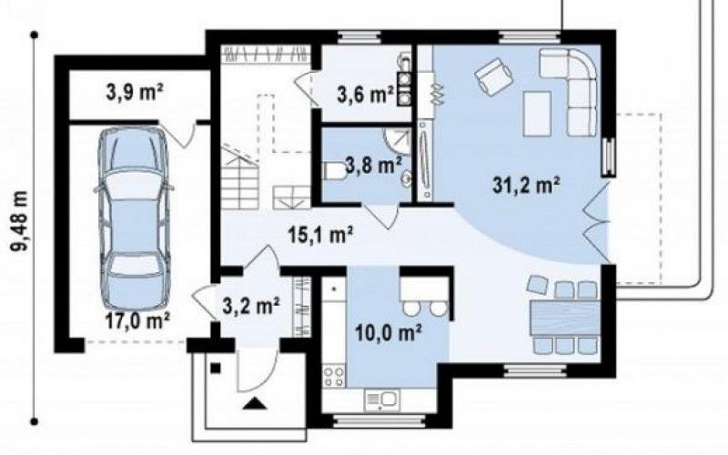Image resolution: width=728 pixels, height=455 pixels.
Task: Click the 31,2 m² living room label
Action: pos(526,186)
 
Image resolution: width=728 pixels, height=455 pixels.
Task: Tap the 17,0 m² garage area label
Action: pos(137,321)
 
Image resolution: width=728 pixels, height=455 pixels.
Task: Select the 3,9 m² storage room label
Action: pos(134,93)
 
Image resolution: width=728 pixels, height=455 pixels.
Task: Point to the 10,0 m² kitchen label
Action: pos(389,332)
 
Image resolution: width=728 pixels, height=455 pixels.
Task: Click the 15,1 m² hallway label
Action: pos(321,235)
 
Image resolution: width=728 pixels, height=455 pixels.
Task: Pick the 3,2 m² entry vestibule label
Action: pos(251,306)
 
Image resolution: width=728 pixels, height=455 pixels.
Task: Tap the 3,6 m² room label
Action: pos(365,95)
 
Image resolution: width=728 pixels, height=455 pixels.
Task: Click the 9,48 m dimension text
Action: pos(20,221)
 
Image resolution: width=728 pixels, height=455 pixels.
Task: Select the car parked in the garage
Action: pos(134,218)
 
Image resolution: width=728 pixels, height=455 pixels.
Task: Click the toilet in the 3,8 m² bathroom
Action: pos(333,171)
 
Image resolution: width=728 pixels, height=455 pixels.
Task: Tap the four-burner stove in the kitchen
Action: pos(334,376)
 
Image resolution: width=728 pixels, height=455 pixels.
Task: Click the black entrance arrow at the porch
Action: pos(255,403)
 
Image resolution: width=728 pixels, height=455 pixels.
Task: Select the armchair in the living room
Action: pos(493,75)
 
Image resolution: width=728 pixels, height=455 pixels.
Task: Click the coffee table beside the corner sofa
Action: pos(537,114)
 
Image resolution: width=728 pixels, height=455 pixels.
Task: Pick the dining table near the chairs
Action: pos(565,318)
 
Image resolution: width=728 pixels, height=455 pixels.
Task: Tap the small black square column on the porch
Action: pos(216,368)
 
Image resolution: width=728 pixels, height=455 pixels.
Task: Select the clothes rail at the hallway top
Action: pos(266,54)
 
